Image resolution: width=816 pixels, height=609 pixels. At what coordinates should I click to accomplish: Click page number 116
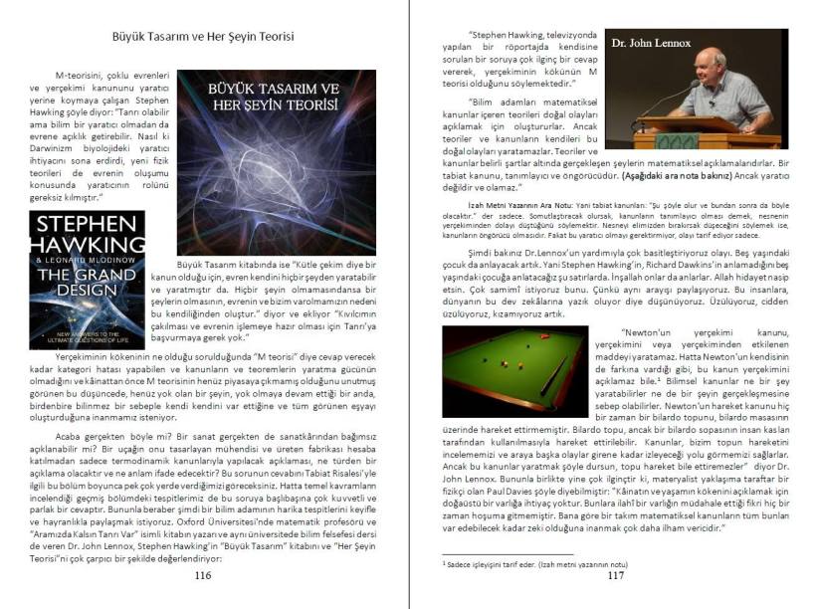tap(203, 575)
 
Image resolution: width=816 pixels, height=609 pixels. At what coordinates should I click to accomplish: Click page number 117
tap(615, 575)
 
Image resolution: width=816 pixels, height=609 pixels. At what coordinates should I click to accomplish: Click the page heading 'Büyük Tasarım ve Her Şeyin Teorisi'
tap(203, 37)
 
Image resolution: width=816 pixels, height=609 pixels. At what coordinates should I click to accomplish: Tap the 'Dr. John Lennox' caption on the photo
tap(644, 45)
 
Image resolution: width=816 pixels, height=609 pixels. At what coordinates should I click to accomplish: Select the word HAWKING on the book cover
tap(88, 248)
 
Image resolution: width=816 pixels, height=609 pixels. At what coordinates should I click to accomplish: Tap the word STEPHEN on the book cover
tap(88, 226)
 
